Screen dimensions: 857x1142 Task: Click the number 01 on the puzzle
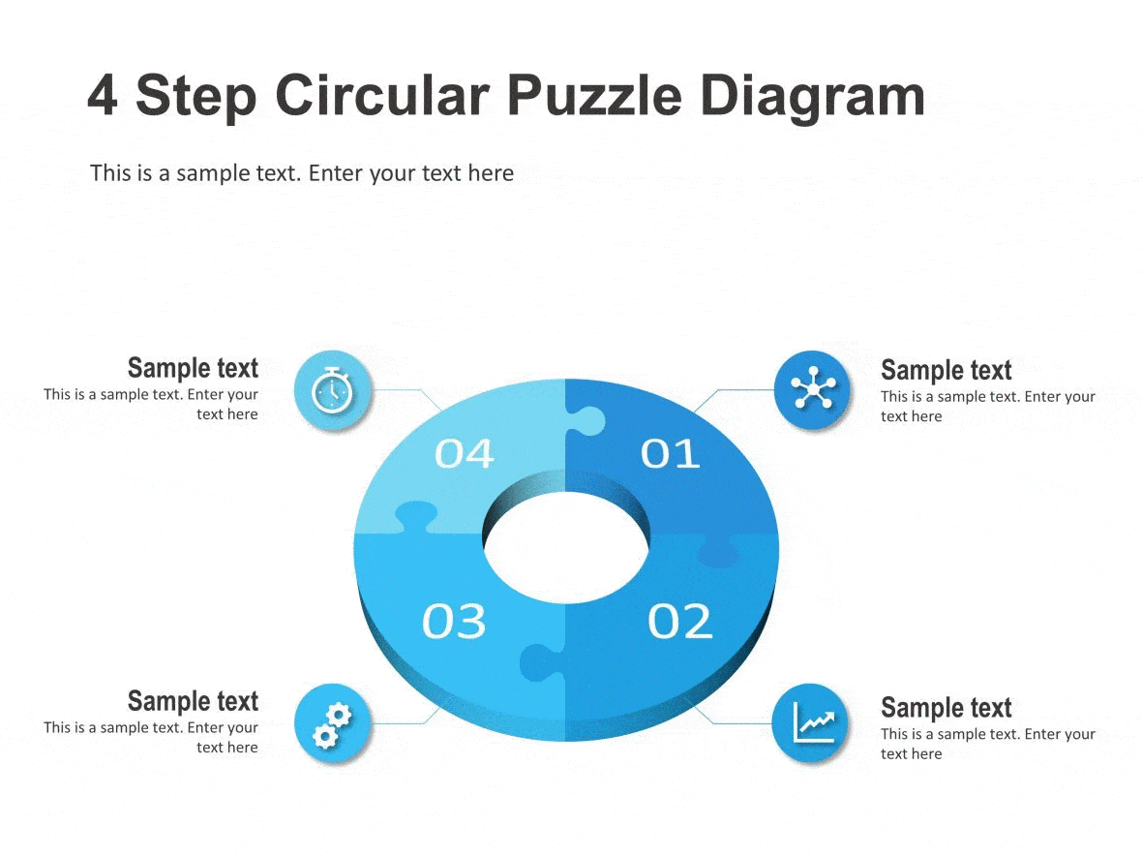(671, 453)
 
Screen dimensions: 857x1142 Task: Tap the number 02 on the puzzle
(679, 621)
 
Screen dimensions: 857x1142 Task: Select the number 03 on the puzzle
(454, 621)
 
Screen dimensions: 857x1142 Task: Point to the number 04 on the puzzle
(465, 453)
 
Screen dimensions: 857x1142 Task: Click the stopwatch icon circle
(332, 390)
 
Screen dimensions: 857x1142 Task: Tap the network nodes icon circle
(813, 390)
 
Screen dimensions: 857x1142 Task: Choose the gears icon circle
(332, 723)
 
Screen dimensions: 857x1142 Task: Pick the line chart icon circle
(811, 723)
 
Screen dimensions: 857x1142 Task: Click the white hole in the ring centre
(566, 550)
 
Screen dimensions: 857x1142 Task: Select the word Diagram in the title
(813, 97)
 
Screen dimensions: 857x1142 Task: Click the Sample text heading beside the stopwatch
(194, 368)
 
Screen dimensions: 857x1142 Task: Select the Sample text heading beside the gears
(194, 701)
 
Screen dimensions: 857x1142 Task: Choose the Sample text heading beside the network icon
(946, 370)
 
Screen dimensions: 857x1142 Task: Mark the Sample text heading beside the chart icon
(946, 708)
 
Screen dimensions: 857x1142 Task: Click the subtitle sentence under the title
(302, 173)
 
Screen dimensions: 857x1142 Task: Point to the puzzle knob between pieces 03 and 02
(538, 663)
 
